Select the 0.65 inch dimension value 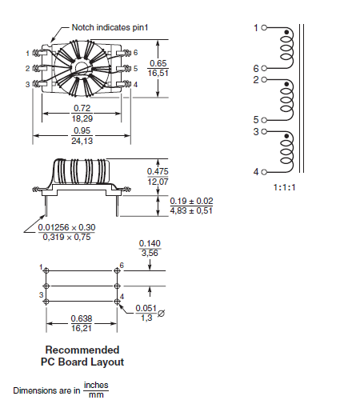pos(158,63)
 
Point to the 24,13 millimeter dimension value pos(82,142)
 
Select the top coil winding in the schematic pos(286,48)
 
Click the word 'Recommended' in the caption pos(82,350)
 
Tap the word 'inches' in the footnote pos(95,385)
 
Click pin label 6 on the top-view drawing pos(136,52)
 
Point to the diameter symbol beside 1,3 pos(162,314)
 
